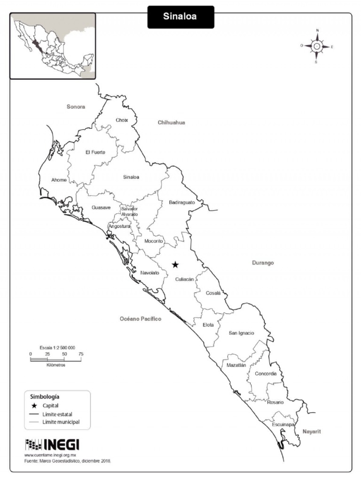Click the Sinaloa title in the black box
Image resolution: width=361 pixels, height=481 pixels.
click(180, 17)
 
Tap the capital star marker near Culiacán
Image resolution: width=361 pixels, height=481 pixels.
click(175, 265)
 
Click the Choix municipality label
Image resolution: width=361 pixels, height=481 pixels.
click(122, 120)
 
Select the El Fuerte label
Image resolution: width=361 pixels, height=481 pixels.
click(95, 152)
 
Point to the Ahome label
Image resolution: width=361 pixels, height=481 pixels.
click(59, 180)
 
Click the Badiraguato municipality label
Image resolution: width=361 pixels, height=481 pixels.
click(181, 202)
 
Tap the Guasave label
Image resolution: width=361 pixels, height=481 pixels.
click(101, 208)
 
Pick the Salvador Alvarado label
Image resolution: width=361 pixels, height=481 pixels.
click(129, 211)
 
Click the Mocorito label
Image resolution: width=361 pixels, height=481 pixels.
click(153, 241)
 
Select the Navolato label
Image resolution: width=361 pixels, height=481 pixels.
click(149, 272)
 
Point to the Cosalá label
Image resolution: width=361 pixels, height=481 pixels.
click(213, 293)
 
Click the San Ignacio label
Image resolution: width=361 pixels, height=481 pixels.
click(241, 333)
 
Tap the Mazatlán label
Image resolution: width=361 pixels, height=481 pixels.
click(236, 365)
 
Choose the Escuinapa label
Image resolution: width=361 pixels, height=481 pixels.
click(283, 425)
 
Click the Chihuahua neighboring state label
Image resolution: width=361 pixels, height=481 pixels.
click(171, 123)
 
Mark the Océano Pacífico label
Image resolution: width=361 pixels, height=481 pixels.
click(140, 319)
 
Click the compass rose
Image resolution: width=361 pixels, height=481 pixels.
click(317, 46)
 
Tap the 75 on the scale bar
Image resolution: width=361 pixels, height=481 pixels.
click(81, 354)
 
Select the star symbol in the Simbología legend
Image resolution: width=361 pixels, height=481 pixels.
click(34, 405)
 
